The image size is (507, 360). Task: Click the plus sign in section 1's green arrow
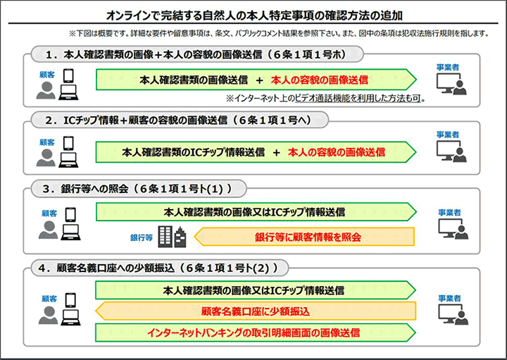click(259, 80)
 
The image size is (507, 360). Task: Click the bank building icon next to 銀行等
click(171, 237)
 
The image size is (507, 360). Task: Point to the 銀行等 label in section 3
click(141, 238)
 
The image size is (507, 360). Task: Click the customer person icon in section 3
click(48, 230)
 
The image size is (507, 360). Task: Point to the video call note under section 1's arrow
click(325, 99)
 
